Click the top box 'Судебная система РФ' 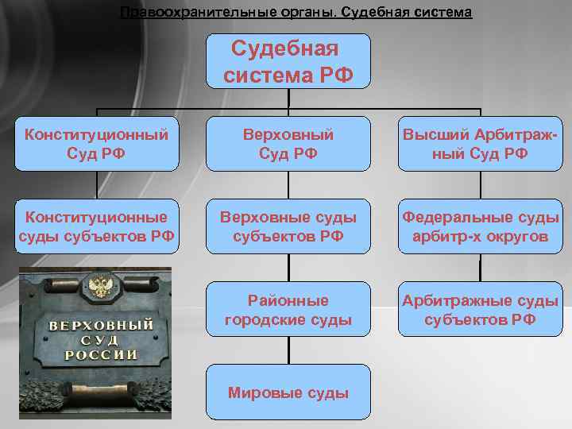(x=288, y=61)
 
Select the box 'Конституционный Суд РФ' (x=96, y=144)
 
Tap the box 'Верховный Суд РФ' (x=288, y=144)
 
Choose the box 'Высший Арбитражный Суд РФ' (x=479, y=144)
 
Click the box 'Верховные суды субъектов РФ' (x=288, y=226)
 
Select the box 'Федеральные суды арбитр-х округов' (x=479, y=226)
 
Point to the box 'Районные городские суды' (x=288, y=310)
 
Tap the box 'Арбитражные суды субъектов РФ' (x=479, y=310)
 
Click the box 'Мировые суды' (x=288, y=392)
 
